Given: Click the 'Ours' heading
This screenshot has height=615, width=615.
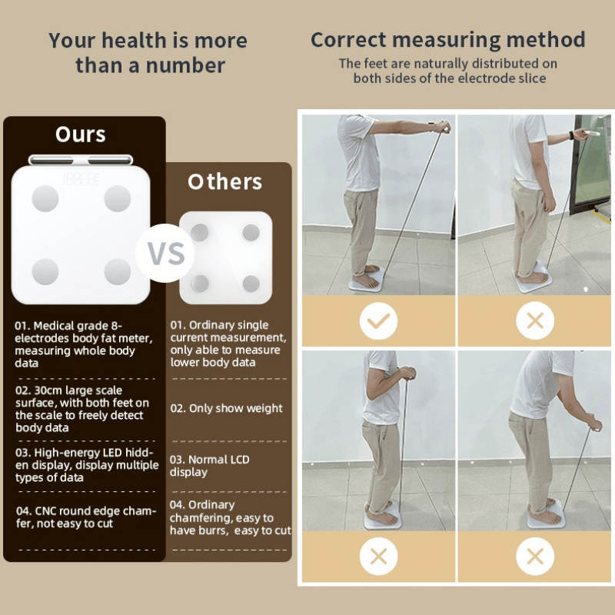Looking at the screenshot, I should point(81,135).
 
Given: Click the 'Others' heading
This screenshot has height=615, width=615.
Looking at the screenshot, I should point(224,182).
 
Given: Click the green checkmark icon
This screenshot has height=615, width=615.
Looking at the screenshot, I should point(378,321).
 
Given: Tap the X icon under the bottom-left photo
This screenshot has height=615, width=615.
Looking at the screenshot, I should point(378,555).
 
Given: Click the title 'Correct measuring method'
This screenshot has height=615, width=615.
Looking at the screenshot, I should point(447,40).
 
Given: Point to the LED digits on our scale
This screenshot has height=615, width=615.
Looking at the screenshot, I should point(81,178).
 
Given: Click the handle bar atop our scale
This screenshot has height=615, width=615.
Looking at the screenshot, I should point(81,160).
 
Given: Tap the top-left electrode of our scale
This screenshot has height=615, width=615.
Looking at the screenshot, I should point(45,199).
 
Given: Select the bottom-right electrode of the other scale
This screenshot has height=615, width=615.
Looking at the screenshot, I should point(251,283).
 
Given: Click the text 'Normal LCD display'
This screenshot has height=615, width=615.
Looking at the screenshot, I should point(209,466).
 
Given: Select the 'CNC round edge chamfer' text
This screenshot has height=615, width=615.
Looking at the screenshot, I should point(85,517).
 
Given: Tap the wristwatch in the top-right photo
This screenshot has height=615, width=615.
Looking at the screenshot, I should point(570,135).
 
